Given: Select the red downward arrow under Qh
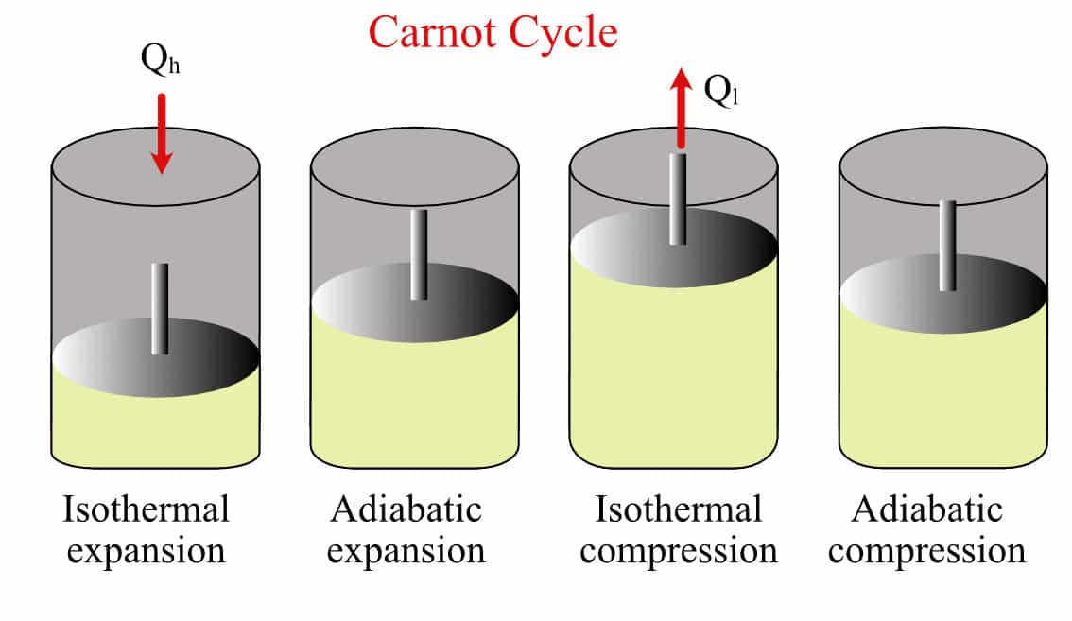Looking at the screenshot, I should coord(163,132).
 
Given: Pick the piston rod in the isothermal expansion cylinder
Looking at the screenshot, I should coord(160,308).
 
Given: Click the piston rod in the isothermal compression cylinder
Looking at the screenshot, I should coord(678,198).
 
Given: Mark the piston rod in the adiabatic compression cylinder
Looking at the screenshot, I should coord(946,245).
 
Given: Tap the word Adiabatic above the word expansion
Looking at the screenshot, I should coord(406,510).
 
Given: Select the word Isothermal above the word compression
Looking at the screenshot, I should coord(678,510).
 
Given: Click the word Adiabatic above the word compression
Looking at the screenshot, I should coord(926,510).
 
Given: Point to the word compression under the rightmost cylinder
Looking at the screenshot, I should coord(926,551).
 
